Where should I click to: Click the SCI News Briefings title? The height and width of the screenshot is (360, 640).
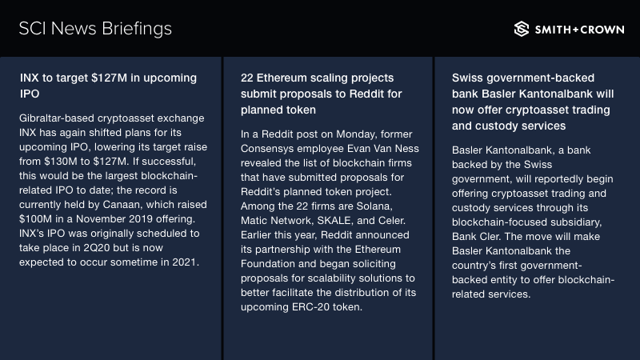point(95,29)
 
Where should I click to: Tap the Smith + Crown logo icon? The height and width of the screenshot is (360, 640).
point(522,29)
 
